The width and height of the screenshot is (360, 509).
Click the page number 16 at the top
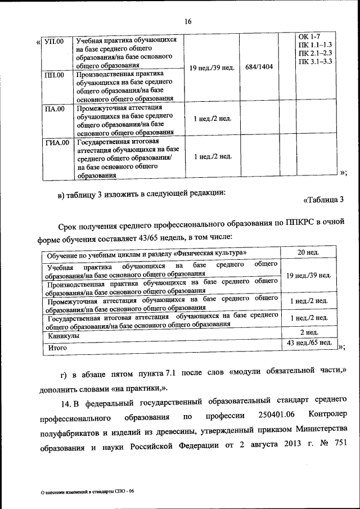pos(188,22)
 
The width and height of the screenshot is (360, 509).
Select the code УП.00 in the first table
pos(54,42)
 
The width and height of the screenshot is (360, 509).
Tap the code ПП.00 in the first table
pos(54,74)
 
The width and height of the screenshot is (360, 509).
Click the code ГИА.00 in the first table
pos(57,142)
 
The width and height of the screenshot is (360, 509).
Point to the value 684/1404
pos(259,66)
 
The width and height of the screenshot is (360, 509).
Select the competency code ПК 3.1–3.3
pos(316,61)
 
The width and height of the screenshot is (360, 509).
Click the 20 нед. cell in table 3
pos(308,252)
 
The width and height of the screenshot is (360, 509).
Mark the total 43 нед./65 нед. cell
pos(309,343)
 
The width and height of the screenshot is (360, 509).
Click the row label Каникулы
pos(64,336)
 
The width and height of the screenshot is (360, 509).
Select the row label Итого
pos(57,348)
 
